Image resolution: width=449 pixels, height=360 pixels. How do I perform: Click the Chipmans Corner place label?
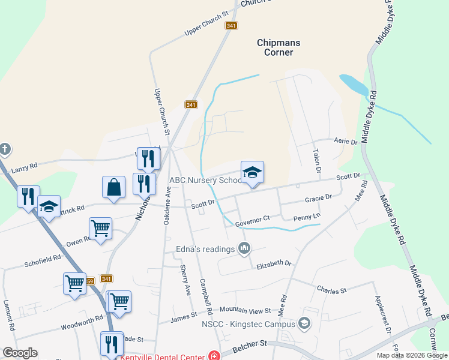tap(279, 47)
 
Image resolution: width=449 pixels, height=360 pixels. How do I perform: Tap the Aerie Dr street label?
tap(346, 142)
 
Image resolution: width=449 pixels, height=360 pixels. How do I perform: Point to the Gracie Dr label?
tap(318, 198)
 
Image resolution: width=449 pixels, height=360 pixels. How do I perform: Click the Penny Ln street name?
tap(307, 216)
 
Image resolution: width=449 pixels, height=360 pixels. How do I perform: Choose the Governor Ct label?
tap(253, 223)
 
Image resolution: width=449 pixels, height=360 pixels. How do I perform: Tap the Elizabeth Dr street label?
tap(274, 263)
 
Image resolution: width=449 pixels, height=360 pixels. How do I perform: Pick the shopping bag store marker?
tap(113, 187)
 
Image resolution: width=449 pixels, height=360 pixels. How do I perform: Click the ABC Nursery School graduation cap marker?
tap(252, 173)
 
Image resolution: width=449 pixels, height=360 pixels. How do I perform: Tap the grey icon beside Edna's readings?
tap(244, 248)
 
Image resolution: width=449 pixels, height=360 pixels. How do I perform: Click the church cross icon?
tap(5, 149)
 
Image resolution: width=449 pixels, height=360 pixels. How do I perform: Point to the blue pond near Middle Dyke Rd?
tap(353, 85)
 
